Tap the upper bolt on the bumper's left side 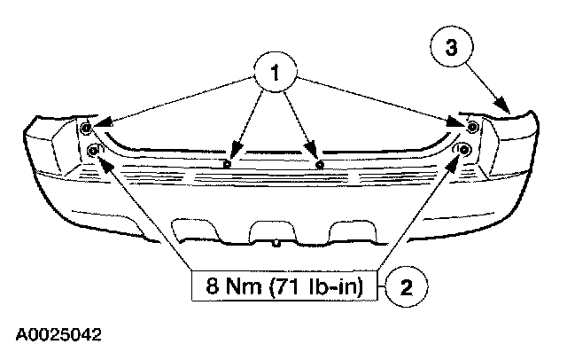(87, 129)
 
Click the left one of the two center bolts (229, 163)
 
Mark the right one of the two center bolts (318, 163)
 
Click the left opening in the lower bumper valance (206, 233)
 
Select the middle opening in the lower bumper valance (276, 230)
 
